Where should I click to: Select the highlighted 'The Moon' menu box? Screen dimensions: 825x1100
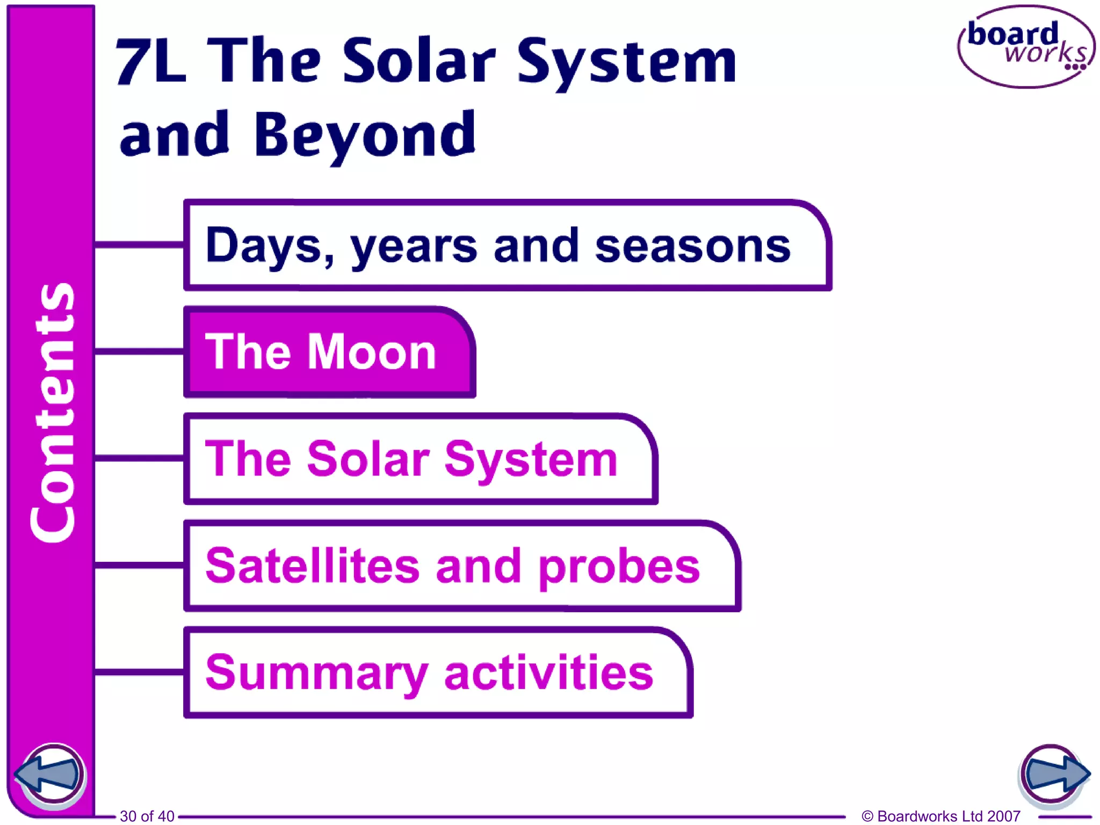329,352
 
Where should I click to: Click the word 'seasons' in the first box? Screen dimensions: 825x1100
693,246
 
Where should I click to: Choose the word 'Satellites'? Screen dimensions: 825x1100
312,566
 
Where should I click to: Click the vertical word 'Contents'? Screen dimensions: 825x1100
52,412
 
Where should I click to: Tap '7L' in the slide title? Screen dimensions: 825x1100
151,62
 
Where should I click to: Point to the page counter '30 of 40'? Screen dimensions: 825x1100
147,816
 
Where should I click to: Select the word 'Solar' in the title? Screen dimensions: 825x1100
419,62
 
